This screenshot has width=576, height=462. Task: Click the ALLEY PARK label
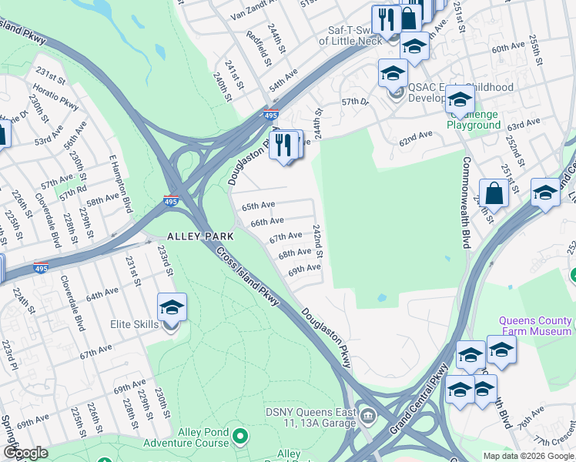(192, 236)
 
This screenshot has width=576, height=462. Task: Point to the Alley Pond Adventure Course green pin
(240, 437)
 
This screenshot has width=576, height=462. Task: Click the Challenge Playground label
(473, 119)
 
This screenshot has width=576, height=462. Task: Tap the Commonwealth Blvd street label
(467, 192)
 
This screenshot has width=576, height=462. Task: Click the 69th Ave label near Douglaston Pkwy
(304, 269)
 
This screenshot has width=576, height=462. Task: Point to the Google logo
(25, 453)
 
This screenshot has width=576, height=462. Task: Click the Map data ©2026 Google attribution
(528, 456)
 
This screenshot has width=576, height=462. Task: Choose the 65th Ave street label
(258, 206)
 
